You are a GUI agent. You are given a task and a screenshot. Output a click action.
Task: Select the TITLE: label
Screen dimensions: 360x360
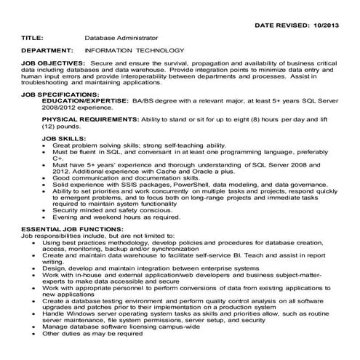[35, 37]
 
